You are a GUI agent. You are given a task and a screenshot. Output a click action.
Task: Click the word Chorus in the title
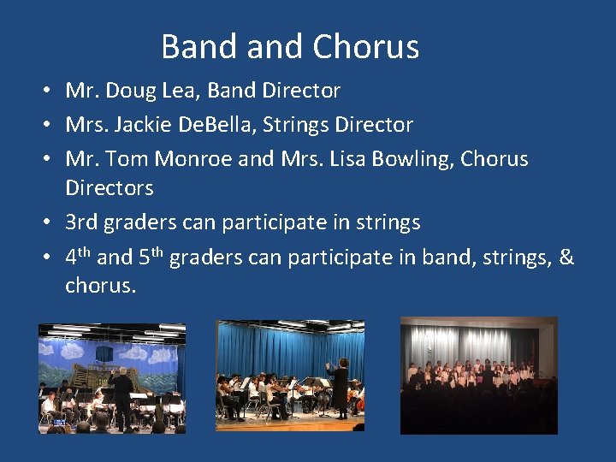365,47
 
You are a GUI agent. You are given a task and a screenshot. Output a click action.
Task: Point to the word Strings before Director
294,125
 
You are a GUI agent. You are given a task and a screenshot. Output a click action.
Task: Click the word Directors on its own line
109,187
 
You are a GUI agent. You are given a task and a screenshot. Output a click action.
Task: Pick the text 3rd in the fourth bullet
82,222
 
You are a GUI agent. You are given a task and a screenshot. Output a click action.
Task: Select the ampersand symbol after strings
566,257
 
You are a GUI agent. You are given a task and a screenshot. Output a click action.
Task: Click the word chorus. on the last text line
100,285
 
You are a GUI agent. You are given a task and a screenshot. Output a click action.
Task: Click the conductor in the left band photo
123,395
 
